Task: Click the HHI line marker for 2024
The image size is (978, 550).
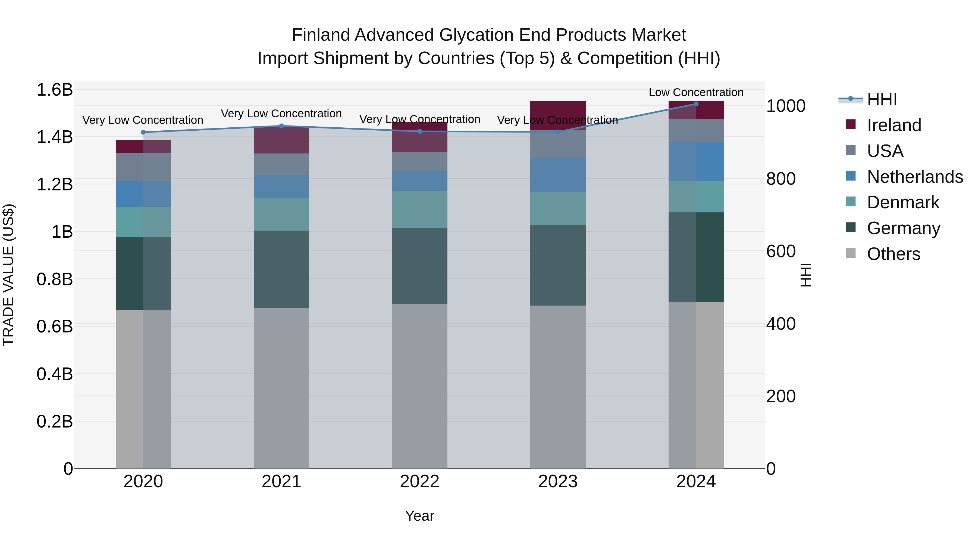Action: point(696,104)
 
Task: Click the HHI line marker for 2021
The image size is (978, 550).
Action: point(281,126)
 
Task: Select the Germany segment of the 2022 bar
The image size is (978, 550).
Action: point(419,266)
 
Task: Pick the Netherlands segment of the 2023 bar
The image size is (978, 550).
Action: point(558,175)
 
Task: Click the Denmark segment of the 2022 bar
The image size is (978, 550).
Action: point(419,209)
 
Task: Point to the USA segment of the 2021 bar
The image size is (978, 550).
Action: point(281,164)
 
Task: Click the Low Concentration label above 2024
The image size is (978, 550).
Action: point(696,92)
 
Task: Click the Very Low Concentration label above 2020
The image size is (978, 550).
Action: point(143,120)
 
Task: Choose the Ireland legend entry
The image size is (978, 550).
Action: point(894,125)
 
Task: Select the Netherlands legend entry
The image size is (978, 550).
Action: point(914,177)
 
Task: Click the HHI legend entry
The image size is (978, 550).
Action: point(882,99)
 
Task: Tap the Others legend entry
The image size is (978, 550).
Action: point(893,254)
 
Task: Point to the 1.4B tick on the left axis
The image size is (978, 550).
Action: point(55,137)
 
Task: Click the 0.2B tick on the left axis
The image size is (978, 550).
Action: point(55,421)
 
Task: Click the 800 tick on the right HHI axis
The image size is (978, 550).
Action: point(780,179)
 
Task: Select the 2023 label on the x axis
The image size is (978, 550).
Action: point(558,482)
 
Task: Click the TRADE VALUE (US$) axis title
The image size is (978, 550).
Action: point(8,275)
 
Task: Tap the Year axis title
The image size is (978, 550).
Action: point(419,516)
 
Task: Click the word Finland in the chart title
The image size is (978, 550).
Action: point(321,35)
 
